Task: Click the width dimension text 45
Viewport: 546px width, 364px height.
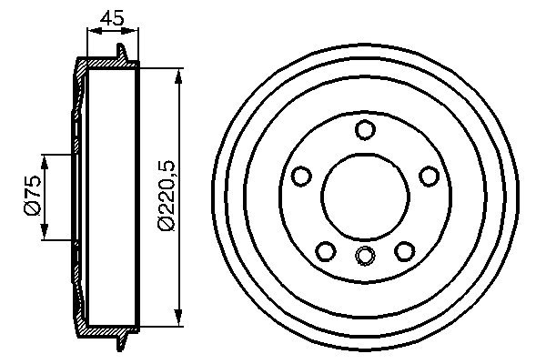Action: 113,17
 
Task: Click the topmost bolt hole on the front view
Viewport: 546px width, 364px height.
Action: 365,130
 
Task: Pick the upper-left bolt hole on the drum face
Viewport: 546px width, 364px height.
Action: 301,177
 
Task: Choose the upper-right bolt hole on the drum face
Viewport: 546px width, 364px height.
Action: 429,177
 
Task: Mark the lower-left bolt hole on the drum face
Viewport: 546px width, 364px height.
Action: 325,250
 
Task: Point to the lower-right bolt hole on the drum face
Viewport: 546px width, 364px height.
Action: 404,250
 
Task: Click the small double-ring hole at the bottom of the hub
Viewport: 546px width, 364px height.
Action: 365,256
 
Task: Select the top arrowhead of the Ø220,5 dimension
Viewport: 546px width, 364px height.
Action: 178,70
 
